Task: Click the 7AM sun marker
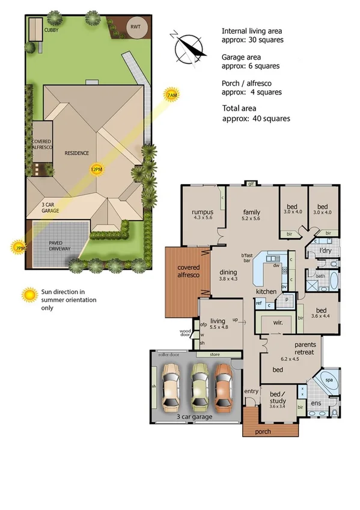172,95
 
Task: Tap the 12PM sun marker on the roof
96,170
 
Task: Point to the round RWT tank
136,27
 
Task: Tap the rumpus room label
203,212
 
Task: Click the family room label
251,212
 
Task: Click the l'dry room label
326,250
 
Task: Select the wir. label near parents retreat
277,322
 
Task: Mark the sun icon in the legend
29,294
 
